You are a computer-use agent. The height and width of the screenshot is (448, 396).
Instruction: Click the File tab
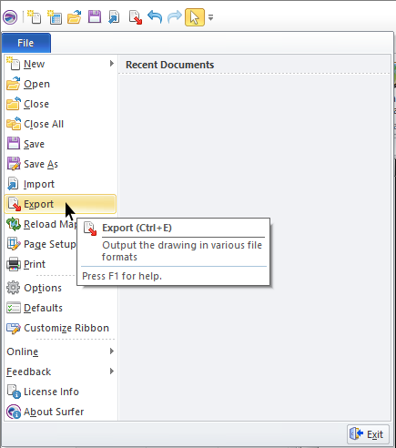tap(26, 43)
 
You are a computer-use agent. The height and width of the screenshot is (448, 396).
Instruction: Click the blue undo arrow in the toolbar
tap(155, 17)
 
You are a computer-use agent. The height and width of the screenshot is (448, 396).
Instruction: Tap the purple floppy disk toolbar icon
tap(95, 16)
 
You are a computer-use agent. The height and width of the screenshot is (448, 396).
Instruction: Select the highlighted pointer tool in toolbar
tap(195, 17)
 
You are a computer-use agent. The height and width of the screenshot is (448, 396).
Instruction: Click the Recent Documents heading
tap(169, 65)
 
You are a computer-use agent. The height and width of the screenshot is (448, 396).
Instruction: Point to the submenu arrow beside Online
tap(112, 351)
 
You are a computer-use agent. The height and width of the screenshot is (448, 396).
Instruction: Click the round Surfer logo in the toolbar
tap(10, 17)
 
